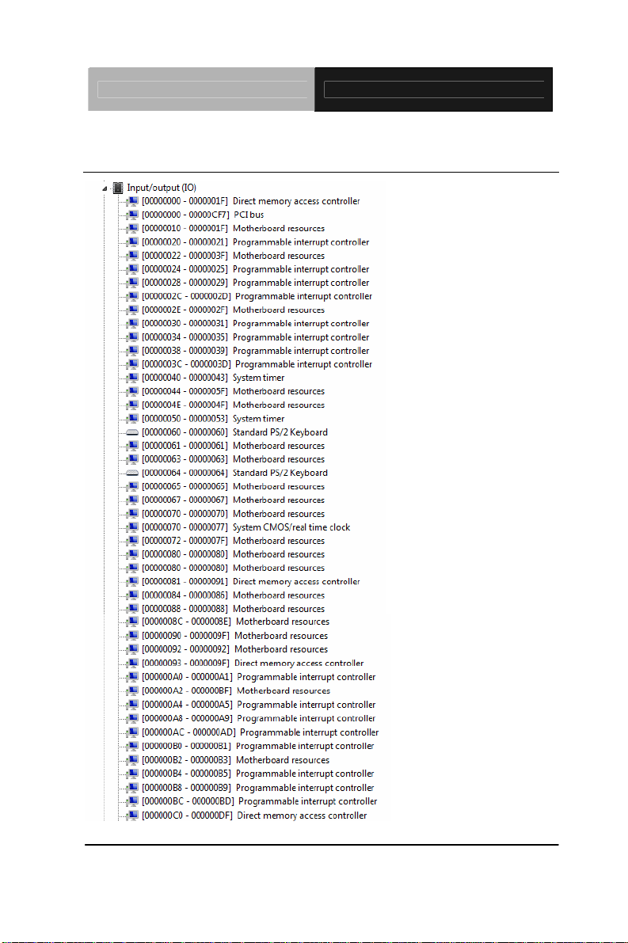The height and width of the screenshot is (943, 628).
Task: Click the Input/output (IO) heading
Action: [x=162, y=188]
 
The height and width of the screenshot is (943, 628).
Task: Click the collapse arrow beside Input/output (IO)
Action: [x=105, y=188]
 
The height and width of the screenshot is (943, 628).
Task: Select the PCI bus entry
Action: [x=249, y=215]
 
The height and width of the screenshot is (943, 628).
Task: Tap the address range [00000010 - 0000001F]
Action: [x=185, y=228]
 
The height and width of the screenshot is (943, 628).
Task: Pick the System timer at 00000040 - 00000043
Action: [x=258, y=378]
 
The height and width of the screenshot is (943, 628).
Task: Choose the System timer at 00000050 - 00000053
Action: [x=258, y=418]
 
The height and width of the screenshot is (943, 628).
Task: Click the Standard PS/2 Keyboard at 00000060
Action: [x=280, y=432]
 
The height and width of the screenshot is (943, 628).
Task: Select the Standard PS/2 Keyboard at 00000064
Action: [x=280, y=473]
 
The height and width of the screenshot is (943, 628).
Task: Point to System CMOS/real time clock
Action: [x=291, y=527]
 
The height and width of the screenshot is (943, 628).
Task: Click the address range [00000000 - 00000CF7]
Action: [x=186, y=215]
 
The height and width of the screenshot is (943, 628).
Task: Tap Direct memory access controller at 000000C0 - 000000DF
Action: [x=301, y=816]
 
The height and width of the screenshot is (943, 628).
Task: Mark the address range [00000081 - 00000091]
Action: [x=185, y=581]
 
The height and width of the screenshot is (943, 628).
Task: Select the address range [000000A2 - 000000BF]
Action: [x=187, y=690]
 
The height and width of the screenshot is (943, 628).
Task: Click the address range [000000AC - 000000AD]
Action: [x=188, y=732]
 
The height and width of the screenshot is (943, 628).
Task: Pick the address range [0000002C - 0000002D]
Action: [x=186, y=296]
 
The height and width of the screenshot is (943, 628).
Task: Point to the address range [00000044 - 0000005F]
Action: [x=185, y=391]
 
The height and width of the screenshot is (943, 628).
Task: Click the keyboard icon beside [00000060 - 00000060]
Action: [x=132, y=432]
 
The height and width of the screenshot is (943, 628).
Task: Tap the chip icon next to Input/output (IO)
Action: [x=118, y=188]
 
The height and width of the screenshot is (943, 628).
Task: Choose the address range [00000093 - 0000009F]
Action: [x=185, y=663]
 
